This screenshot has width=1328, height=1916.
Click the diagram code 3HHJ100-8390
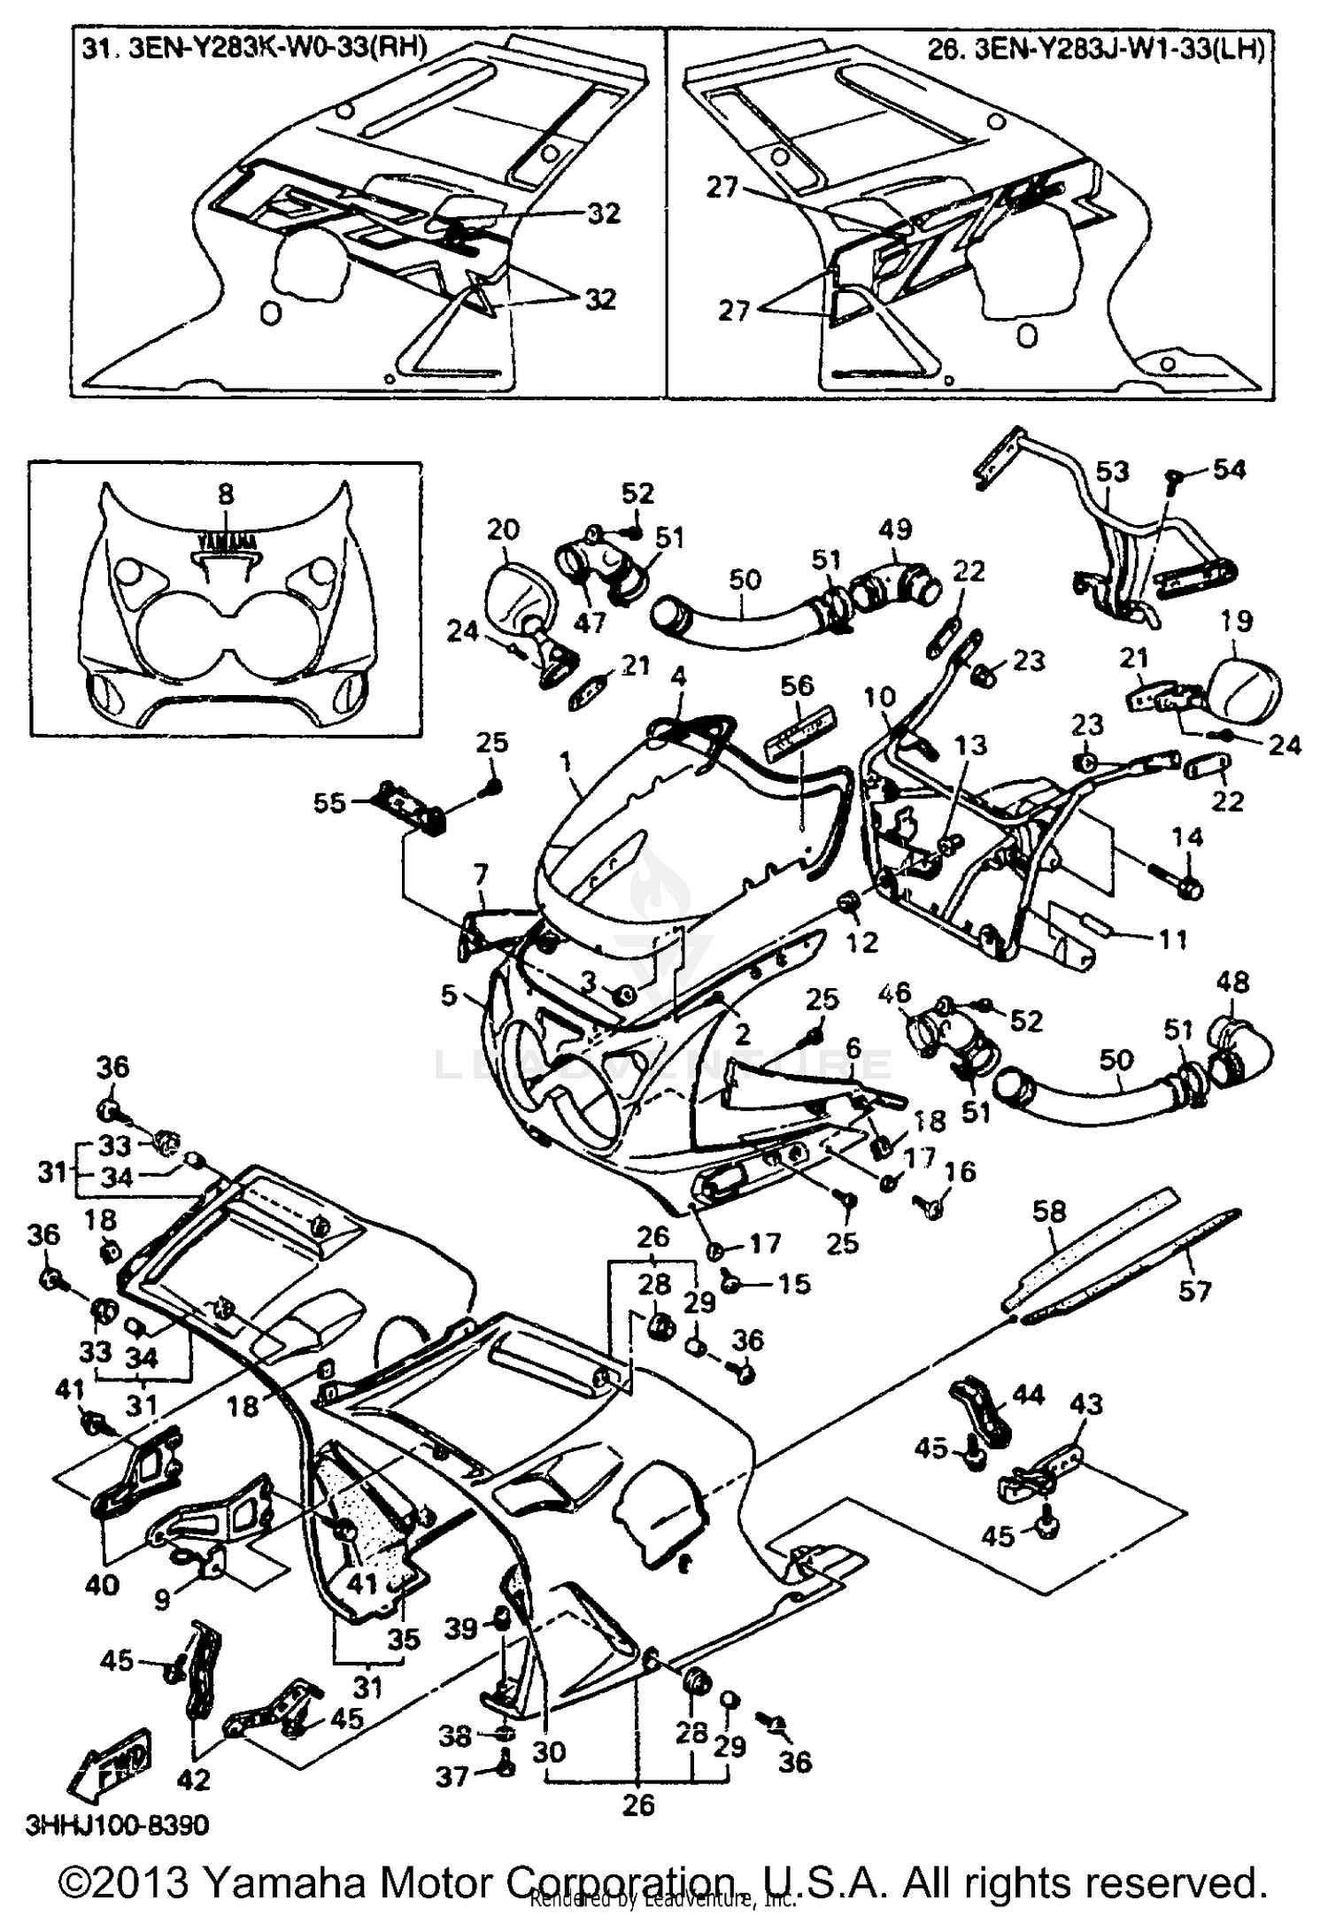click(117, 1825)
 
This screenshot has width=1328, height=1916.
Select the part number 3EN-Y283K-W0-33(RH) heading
click(255, 48)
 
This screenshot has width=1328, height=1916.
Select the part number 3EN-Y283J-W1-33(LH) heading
click(1096, 48)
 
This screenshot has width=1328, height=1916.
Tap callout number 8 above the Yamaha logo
click(226, 494)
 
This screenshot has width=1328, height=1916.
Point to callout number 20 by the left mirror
click(504, 529)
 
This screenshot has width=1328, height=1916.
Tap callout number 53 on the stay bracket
click(1112, 471)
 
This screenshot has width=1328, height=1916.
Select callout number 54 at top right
click(1229, 469)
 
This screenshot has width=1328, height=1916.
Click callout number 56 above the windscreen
click(797, 685)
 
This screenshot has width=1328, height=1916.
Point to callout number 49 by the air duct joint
click(895, 529)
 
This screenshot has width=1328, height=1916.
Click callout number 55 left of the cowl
click(329, 804)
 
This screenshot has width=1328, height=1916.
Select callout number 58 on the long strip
click(1050, 1211)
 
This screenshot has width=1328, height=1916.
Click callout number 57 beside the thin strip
click(1193, 1291)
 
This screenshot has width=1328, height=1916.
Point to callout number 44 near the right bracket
click(1029, 1395)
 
